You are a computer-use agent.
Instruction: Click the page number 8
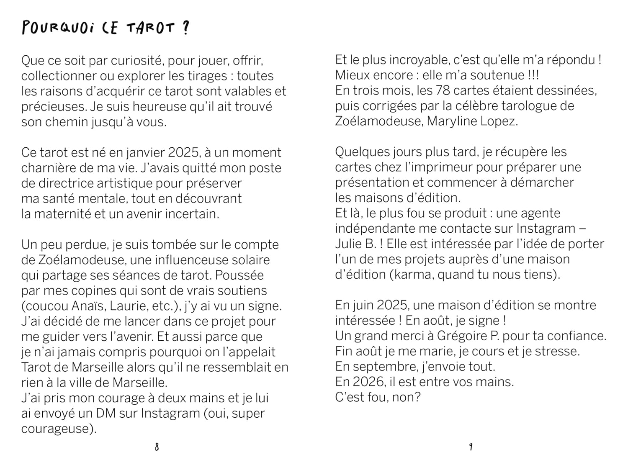coord(157,447)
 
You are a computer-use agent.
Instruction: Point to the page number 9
coord(471,447)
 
